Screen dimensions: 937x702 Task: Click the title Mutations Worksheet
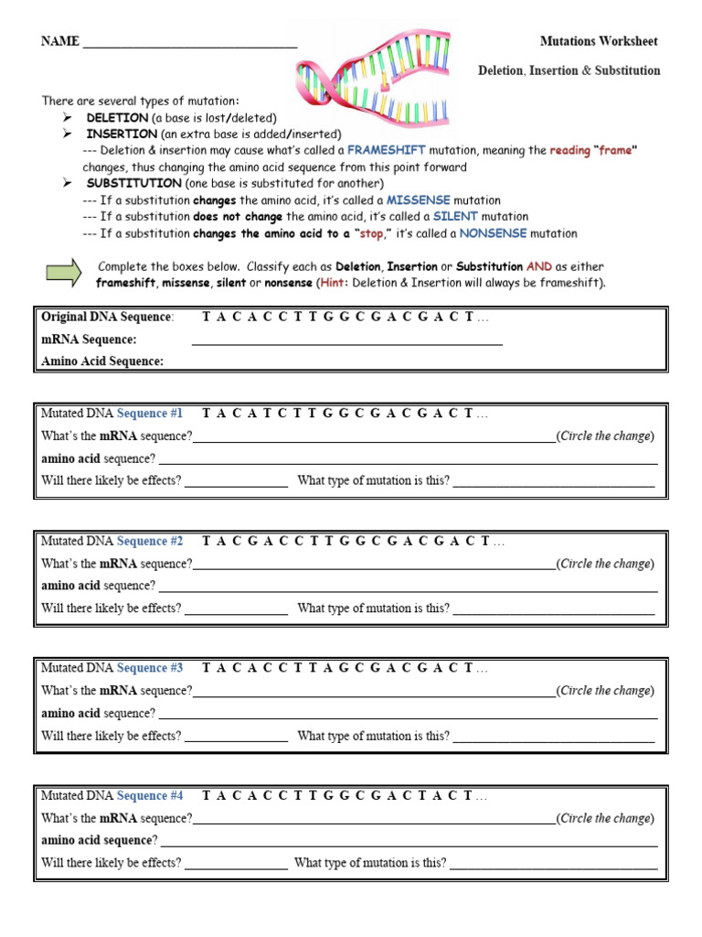click(599, 41)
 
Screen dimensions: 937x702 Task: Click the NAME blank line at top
click(189, 43)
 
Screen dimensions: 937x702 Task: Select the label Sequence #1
click(150, 414)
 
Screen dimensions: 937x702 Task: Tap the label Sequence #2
click(150, 541)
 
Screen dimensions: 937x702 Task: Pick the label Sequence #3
click(150, 668)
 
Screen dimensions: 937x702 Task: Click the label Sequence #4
click(150, 795)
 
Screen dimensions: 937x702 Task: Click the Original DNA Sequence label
click(107, 317)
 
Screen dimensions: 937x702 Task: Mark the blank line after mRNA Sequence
click(347, 340)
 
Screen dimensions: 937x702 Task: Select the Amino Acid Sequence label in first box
click(102, 361)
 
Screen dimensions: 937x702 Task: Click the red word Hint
click(333, 283)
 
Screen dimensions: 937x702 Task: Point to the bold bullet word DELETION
click(117, 118)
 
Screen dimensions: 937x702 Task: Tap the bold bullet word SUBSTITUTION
click(133, 183)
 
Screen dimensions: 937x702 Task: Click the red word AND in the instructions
click(539, 266)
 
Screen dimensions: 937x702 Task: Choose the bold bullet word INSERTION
click(122, 134)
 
